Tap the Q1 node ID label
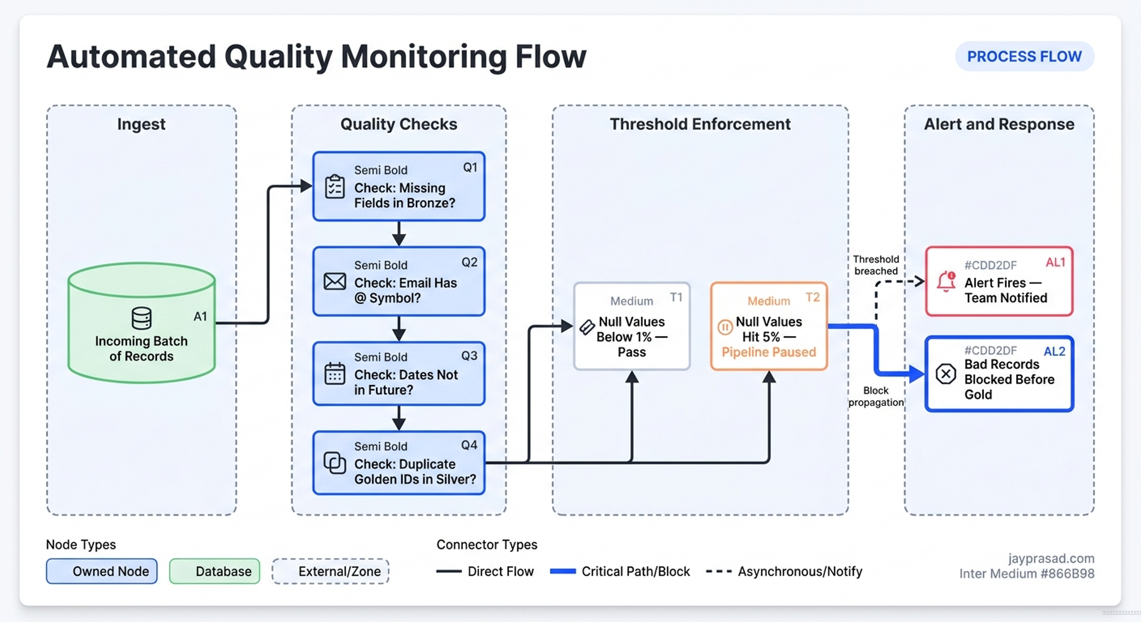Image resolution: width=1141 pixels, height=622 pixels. [470, 167]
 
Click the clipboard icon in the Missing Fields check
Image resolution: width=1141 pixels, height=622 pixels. [335, 187]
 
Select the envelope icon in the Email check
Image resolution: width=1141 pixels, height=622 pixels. [335, 281]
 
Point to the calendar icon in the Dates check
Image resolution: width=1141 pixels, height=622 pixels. [335, 373]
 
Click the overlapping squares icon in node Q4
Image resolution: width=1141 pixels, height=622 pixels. [335, 463]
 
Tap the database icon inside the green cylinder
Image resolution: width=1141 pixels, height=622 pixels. [142, 318]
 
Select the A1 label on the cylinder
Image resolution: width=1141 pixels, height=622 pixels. [200, 316]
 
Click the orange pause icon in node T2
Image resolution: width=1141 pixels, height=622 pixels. [725, 327]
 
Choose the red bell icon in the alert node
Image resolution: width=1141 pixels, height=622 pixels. [946, 281]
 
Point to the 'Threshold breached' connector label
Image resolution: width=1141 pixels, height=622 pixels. [876, 265]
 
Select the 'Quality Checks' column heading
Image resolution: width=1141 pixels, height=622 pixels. [399, 124]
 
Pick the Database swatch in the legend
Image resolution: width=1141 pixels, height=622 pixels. [214, 571]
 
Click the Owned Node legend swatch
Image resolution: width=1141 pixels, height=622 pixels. [101, 571]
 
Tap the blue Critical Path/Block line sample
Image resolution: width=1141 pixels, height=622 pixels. [562, 571]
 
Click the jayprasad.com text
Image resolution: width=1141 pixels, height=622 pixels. [1051, 558]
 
